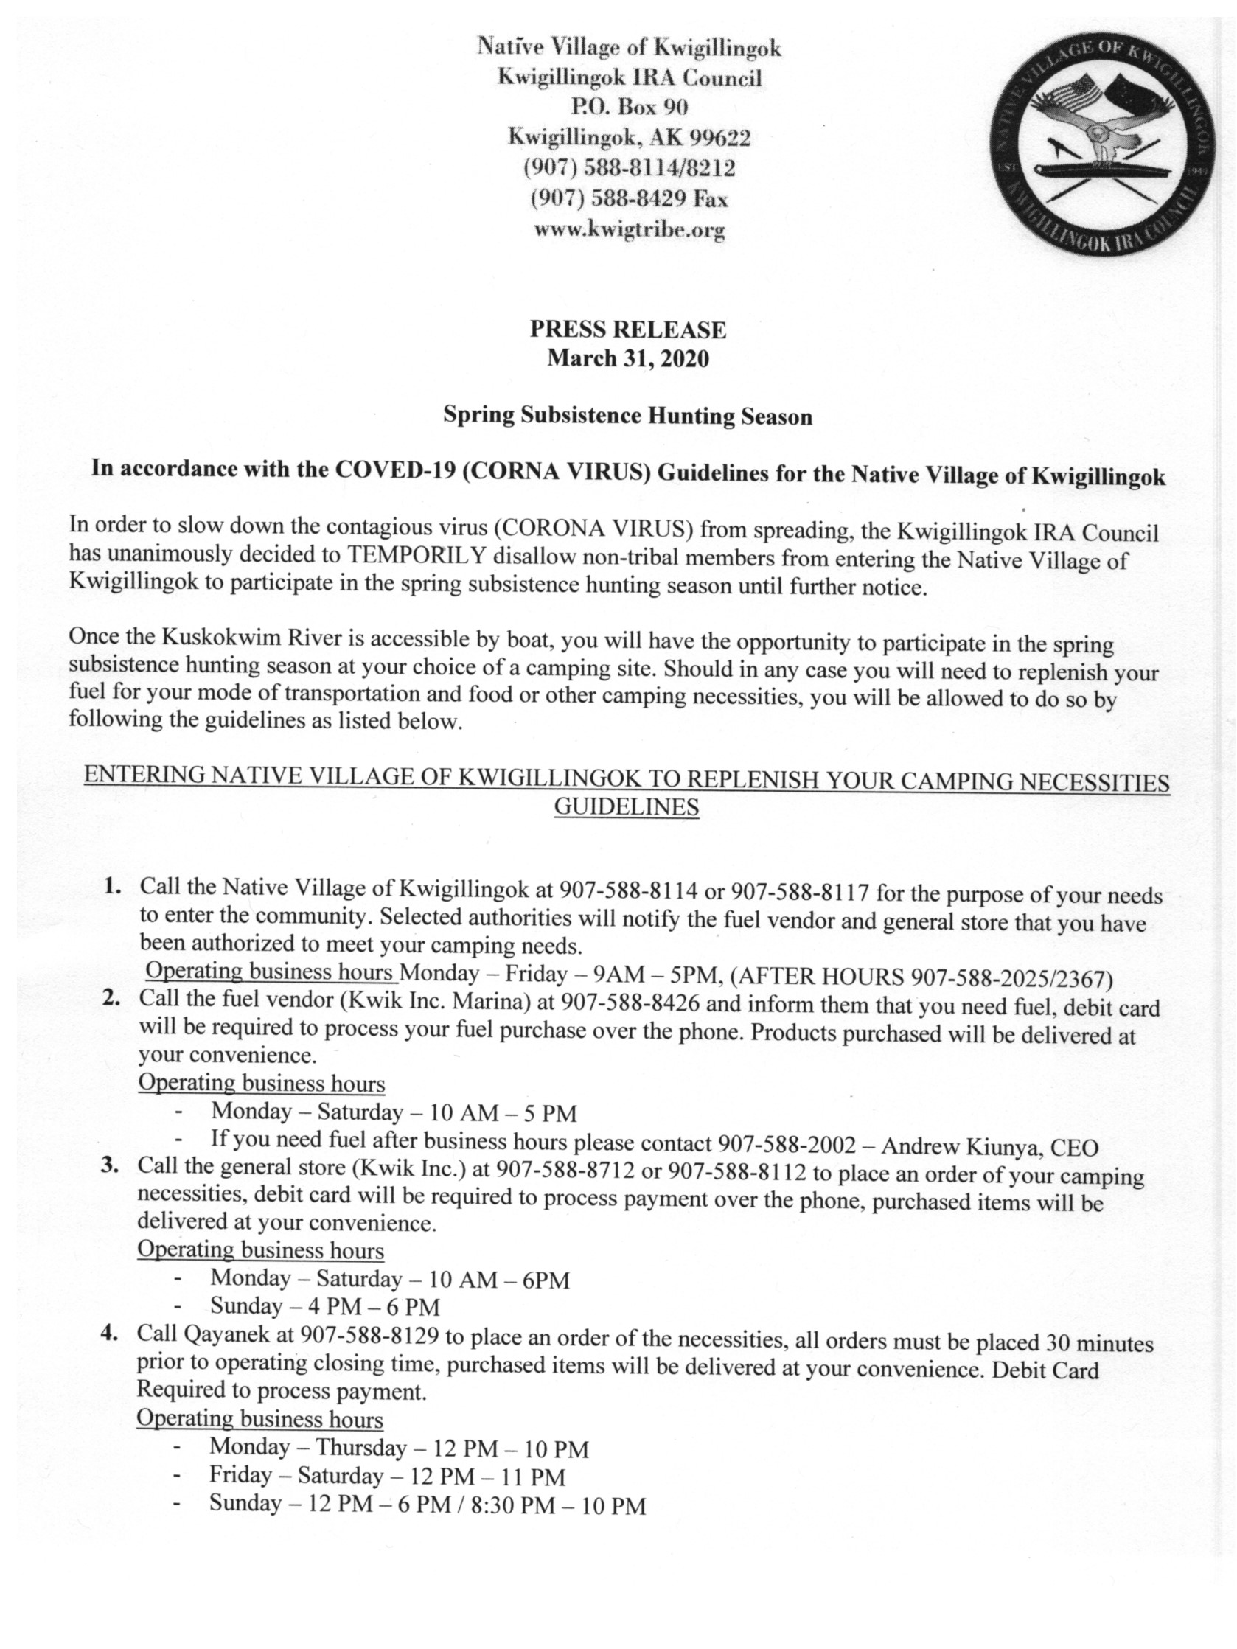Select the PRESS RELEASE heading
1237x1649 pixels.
[x=628, y=330]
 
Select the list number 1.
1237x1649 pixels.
[x=113, y=886]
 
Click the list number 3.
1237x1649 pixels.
[x=111, y=1167]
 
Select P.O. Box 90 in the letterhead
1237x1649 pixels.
[x=629, y=107]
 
